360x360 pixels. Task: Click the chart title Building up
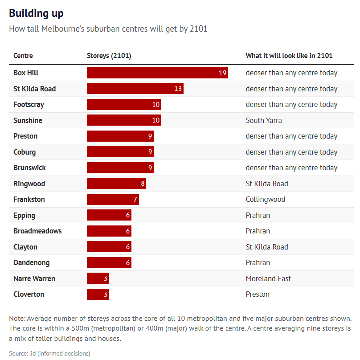tap(36, 13)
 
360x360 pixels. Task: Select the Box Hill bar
tap(157, 73)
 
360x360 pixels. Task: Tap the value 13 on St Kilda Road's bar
tap(178, 89)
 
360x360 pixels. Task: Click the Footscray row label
tap(29, 104)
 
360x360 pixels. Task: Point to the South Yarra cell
tap(264, 120)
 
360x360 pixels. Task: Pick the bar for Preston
tap(120, 136)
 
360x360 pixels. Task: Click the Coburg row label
tap(25, 152)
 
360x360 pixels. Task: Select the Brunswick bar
tap(120, 168)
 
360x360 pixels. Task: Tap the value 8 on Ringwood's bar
tap(143, 184)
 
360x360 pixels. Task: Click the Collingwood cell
tap(266, 199)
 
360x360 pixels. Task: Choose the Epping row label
tap(25, 215)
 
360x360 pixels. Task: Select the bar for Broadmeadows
tap(109, 231)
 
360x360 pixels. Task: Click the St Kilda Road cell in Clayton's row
tap(267, 247)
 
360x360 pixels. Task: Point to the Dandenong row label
tap(32, 263)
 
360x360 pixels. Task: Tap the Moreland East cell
tap(268, 278)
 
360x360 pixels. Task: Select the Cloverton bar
tap(98, 294)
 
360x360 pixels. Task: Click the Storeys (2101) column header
tap(109, 56)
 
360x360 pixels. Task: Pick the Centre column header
tap(23, 56)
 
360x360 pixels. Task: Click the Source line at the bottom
tap(49, 353)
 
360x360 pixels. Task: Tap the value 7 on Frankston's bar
tap(135, 199)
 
